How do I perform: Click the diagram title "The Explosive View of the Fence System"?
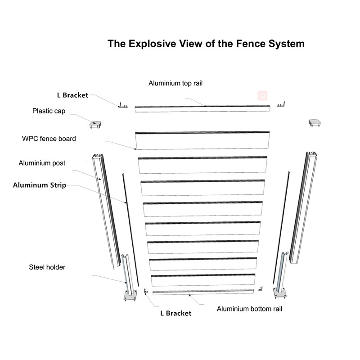[x=206, y=44]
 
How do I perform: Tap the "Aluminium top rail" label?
[x=179, y=83]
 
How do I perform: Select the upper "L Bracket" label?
[x=72, y=95]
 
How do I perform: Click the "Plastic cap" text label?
[x=49, y=111]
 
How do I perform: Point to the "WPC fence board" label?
[x=49, y=139]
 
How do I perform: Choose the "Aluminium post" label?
[x=42, y=163]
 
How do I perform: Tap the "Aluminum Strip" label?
[x=40, y=185]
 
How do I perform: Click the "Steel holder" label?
[x=47, y=267]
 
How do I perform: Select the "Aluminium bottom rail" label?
[x=249, y=309]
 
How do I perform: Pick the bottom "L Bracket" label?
[x=175, y=313]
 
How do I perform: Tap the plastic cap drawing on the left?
[x=96, y=124]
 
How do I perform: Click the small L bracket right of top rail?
[x=281, y=104]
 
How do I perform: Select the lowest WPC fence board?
[x=203, y=280]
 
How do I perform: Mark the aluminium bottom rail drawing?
[x=203, y=292]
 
